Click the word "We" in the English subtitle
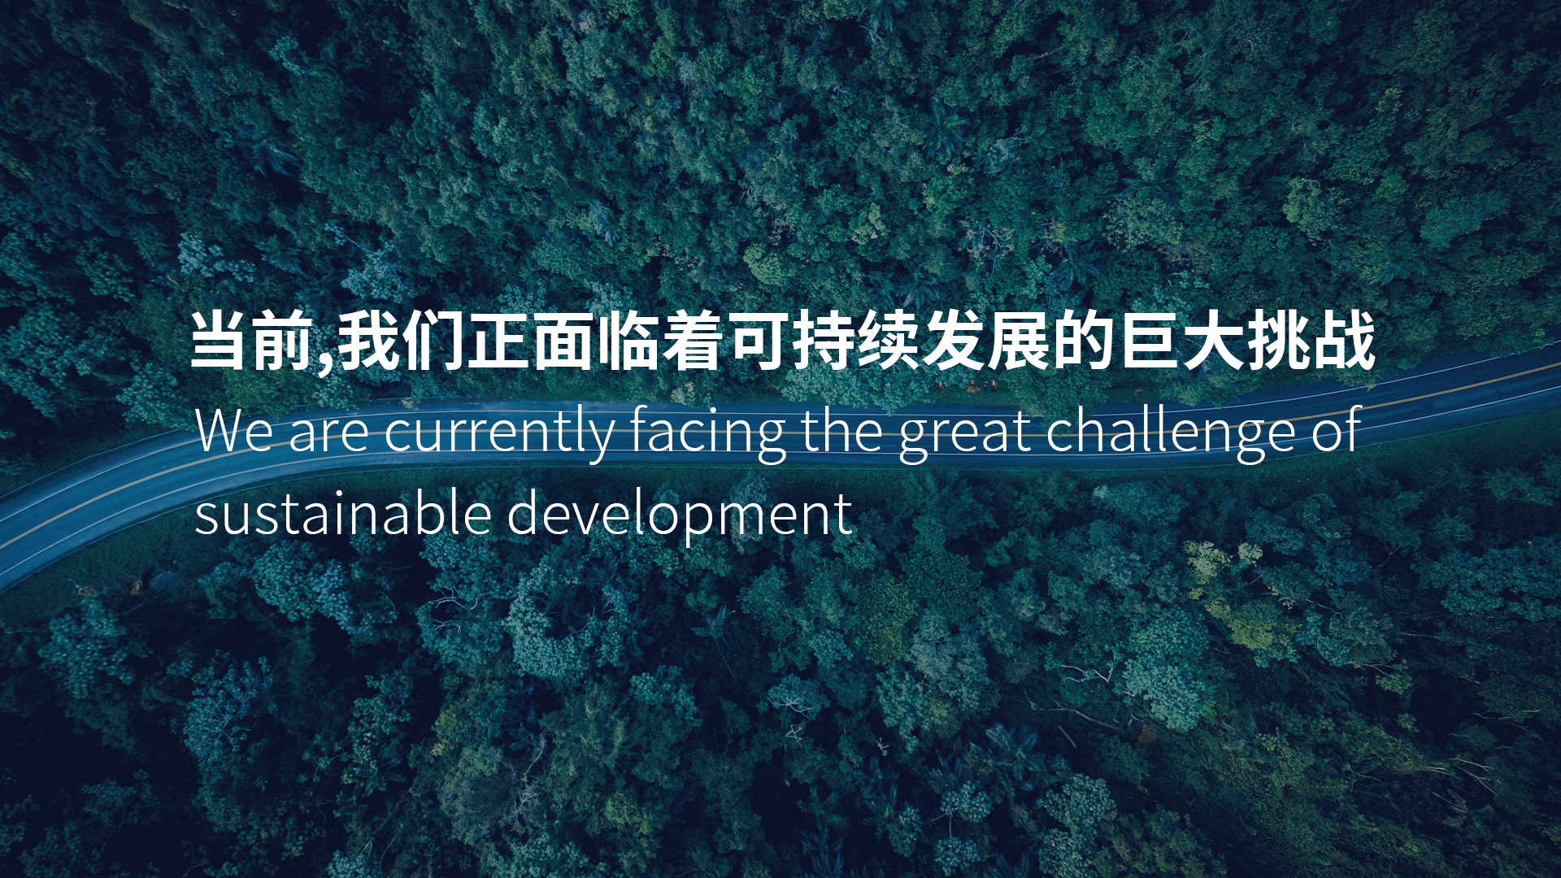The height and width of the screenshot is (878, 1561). pos(234,431)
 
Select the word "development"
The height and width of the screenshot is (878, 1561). pos(680,516)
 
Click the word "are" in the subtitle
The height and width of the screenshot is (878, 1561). pos(328,436)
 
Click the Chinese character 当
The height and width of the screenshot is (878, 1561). pos(219,340)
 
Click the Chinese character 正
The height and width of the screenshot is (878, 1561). pos(498,340)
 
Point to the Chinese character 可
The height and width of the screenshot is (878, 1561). pos(759,340)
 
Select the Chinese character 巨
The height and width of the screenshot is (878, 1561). pos(1149,340)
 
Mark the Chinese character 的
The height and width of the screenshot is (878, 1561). pos(1084,340)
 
